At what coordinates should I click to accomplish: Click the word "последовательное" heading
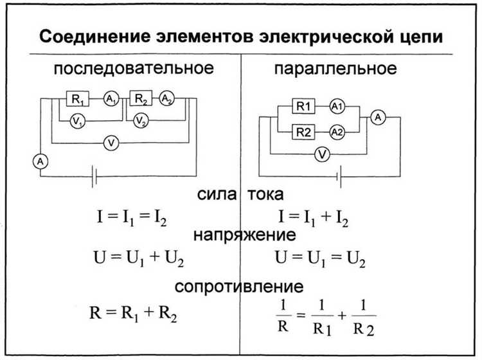pyautogui.click(x=132, y=69)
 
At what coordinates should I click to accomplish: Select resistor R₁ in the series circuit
pyautogui.click(x=78, y=99)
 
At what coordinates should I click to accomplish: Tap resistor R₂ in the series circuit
pyautogui.click(x=140, y=99)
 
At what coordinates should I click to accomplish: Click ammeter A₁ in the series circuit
pyautogui.click(x=111, y=99)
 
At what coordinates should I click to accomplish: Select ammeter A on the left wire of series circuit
pyautogui.click(x=40, y=163)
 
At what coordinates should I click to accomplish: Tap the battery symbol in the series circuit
pyautogui.click(x=95, y=175)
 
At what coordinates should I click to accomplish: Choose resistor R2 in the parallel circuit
pyautogui.click(x=303, y=132)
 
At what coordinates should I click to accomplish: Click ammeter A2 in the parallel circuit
pyautogui.click(x=337, y=132)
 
